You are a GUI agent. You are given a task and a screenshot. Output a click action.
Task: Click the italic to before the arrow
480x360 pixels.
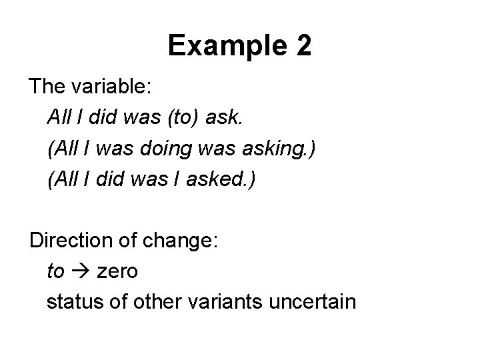(56, 271)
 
